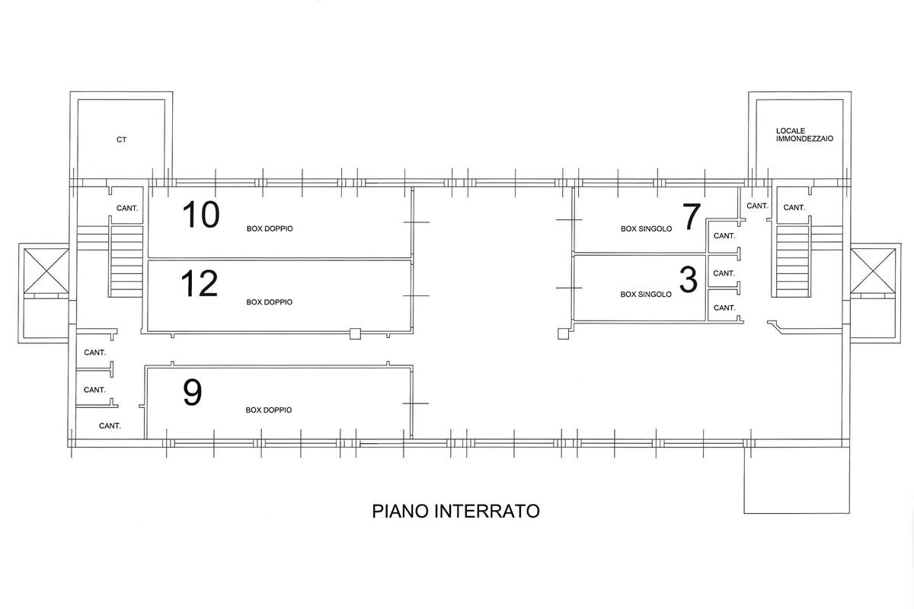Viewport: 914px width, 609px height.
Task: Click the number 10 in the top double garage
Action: [x=201, y=215]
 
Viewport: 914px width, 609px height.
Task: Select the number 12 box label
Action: [x=200, y=284]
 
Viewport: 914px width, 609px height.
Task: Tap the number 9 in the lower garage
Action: [x=193, y=393]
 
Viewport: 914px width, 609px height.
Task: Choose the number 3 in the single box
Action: [x=688, y=280]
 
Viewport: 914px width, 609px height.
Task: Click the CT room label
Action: [x=121, y=140]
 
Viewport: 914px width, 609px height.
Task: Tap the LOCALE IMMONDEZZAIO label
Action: [x=794, y=136]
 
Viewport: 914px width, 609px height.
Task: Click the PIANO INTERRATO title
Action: [x=455, y=511]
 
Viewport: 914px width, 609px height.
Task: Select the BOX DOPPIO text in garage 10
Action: [x=269, y=228]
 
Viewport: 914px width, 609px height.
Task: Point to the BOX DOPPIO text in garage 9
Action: [x=268, y=410]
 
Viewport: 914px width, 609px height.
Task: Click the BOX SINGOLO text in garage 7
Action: [x=646, y=228]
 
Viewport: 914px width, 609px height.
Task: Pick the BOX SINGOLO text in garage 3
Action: [x=646, y=294]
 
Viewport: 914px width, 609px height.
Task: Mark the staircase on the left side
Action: [x=126, y=260]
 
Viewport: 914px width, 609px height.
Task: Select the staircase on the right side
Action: [x=791, y=260]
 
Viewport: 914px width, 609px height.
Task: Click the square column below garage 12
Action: [x=354, y=333]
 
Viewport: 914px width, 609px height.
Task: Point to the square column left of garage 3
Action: [x=563, y=333]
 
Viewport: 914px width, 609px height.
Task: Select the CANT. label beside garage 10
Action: [x=126, y=209]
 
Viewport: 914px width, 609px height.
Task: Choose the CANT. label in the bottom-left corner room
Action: [x=110, y=426]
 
